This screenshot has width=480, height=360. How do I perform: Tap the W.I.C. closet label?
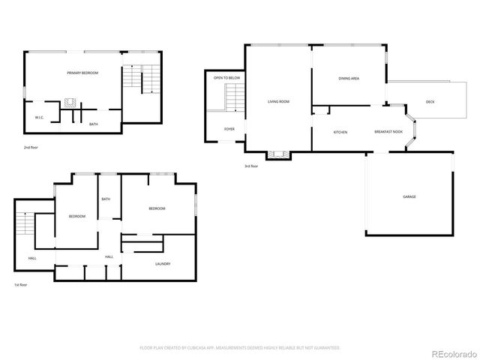[40, 118]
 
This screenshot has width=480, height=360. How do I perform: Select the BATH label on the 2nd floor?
[94, 124]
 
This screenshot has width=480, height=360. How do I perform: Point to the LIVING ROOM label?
[278, 101]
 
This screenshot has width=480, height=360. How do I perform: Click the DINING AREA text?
[349, 78]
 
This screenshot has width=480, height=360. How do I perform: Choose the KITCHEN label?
[340, 132]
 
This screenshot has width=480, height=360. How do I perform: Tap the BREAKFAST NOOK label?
[388, 132]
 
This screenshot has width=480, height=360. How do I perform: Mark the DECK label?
[430, 101]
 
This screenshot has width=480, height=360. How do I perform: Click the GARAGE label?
[409, 196]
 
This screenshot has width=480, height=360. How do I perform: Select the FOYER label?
[229, 129]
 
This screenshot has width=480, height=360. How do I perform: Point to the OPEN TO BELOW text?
[226, 77]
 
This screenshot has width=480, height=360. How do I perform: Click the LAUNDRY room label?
[163, 263]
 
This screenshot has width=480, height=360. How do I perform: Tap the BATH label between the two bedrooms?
[106, 199]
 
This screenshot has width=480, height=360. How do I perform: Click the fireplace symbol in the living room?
[279, 154]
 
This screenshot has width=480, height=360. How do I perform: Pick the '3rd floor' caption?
[251, 166]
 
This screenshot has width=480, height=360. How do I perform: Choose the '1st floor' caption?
[22, 285]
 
